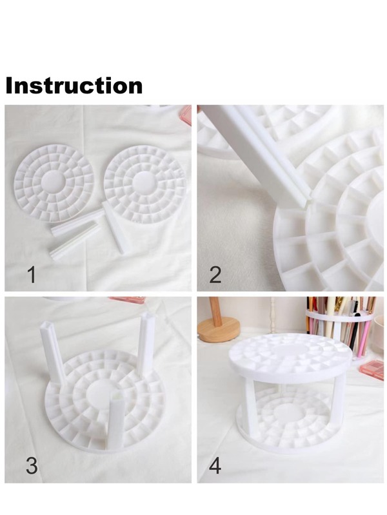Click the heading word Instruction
click(74, 86)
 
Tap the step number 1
click(30, 275)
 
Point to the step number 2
click(215, 275)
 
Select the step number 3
click(31, 465)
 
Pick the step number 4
click(215, 465)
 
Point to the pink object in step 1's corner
click(186, 115)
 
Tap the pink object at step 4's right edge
click(373, 369)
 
